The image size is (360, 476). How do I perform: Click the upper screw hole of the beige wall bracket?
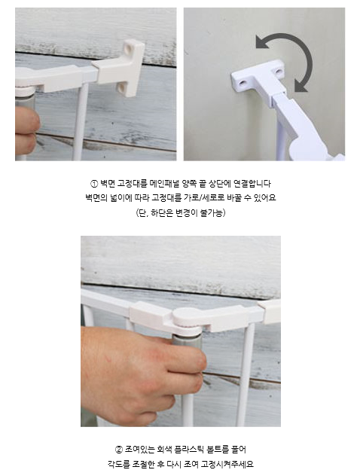(x=128, y=48)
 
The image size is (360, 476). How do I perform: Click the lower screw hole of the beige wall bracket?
(x=121, y=88)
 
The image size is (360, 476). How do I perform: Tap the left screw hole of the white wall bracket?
(x=243, y=82)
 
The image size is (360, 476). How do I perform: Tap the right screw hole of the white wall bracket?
(x=278, y=72)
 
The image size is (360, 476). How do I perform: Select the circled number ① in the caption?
(x=94, y=184)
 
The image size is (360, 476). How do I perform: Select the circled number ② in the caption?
(x=119, y=450)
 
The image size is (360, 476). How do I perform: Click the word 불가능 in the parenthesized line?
(x=212, y=213)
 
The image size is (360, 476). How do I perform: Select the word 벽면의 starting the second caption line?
(x=96, y=198)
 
